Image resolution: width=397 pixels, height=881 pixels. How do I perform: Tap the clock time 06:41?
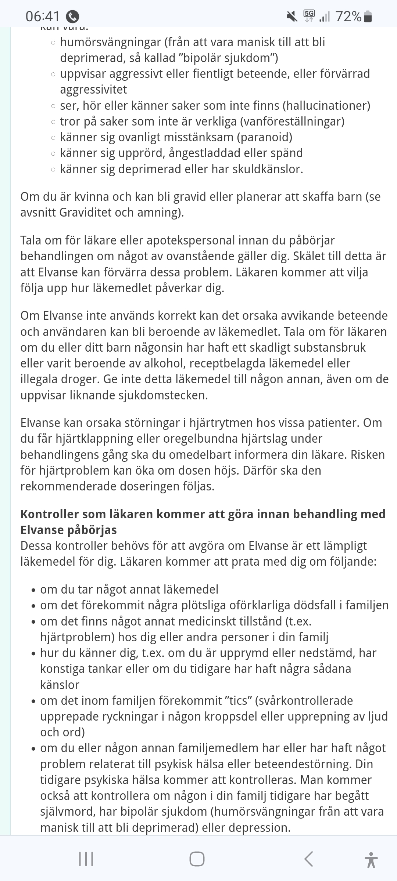pos(42,16)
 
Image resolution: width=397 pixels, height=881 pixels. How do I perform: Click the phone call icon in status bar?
pos(72,17)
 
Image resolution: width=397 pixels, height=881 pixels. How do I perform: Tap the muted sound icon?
pos(292,16)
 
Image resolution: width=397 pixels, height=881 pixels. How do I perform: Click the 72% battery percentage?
pos(348,16)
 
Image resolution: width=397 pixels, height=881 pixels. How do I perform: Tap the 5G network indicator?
pos(309,15)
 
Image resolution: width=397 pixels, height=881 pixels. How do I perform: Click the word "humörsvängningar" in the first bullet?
pos(111,42)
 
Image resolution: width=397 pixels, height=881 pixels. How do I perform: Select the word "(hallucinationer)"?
pos(326,106)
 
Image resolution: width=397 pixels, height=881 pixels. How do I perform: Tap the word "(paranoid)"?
pos(264,137)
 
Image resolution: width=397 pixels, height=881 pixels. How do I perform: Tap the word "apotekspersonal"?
pos(191,240)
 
